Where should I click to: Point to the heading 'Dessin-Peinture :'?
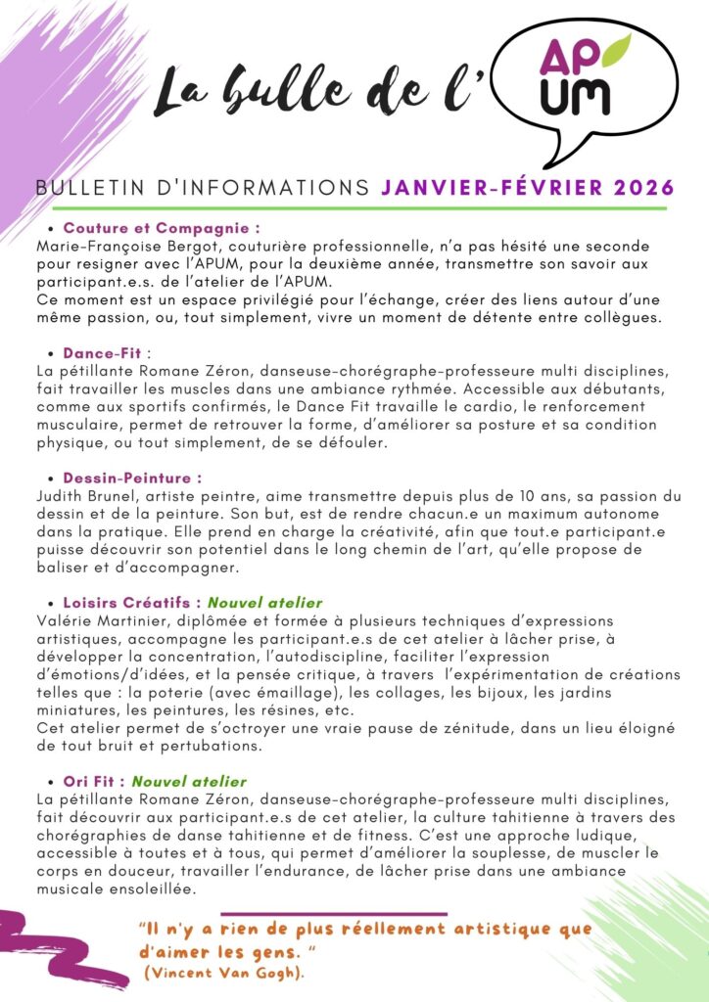coord(132,478)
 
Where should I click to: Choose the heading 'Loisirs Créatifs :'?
coord(132,603)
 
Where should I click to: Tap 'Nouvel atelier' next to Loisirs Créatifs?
coord(264,603)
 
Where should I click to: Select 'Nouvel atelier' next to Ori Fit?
coord(189,782)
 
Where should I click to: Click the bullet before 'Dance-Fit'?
coord(51,353)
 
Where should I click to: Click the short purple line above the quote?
coord(333,914)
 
